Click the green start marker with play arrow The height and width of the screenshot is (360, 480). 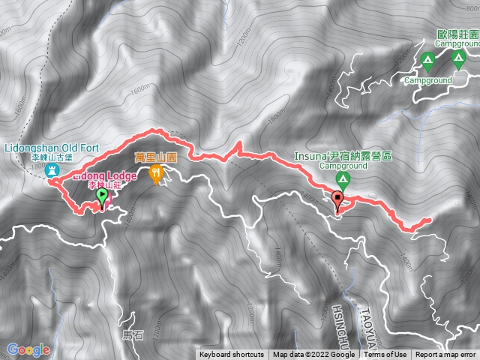pyautogui.click(x=102, y=197)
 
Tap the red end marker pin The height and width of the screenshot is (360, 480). pyautogui.click(x=338, y=199)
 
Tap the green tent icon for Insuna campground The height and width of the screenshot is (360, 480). pyautogui.click(x=342, y=179)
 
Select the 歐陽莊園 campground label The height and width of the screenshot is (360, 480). pyautogui.click(x=459, y=34)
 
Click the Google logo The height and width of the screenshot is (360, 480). pyautogui.click(x=28, y=349)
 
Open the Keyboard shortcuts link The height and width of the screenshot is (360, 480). pyautogui.click(x=232, y=355)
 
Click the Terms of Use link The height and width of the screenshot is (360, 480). pyautogui.click(x=385, y=355)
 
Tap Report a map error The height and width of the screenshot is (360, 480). pyautogui.click(x=445, y=355)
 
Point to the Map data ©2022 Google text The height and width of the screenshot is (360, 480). pyautogui.click(x=313, y=355)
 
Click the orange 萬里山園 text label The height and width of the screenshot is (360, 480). pyautogui.click(x=155, y=157)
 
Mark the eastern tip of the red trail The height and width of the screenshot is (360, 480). pyautogui.click(x=430, y=220)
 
